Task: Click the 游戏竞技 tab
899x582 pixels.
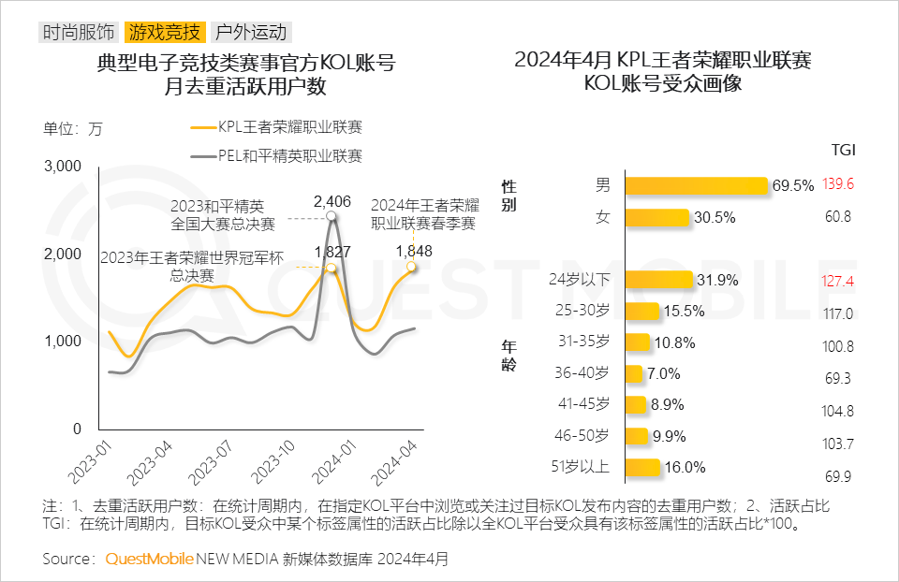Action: pos(165,33)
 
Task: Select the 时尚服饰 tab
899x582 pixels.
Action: pos(80,33)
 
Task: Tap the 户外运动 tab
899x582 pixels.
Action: pos(250,33)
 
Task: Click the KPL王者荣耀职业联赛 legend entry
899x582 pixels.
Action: pos(289,128)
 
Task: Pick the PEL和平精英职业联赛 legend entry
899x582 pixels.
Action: pos(289,156)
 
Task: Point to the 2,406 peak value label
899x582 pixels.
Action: pos(332,200)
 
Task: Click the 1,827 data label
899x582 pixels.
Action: pos(332,251)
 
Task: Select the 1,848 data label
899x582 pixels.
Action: pos(414,251)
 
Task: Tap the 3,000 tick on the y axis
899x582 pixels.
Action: pos(64,167)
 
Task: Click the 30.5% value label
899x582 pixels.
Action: pos(715,217)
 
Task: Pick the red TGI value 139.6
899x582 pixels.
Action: pos(838,185)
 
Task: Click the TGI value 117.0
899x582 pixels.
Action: pos(838,313)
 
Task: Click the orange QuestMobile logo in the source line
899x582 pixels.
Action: pos(150,560)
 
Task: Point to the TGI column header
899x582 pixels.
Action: pos(843,150)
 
